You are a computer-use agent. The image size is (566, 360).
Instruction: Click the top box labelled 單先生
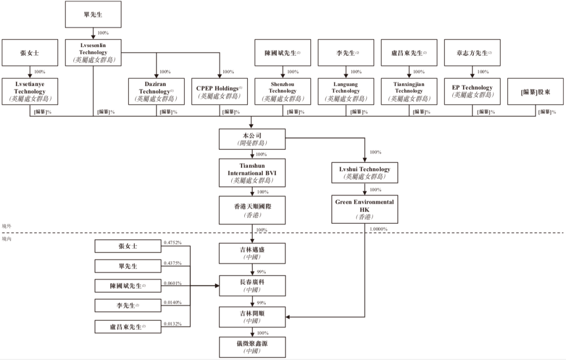(x=93, y=15)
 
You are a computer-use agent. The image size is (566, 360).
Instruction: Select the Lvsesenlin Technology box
(x=93, y=53)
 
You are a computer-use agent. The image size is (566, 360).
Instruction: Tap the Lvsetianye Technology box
(x=30, y=91)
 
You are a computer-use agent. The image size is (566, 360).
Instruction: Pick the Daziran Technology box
(x=157, y=91)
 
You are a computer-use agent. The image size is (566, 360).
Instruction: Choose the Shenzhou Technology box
(x=283, y=91)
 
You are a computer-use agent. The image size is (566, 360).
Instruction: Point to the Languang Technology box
(x=346, y=91)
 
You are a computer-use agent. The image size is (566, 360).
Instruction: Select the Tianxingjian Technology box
(x=409, y=91)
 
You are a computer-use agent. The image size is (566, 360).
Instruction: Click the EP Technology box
(x=472, y=91)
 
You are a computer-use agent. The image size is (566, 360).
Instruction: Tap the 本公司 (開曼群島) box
(x=252, y=139)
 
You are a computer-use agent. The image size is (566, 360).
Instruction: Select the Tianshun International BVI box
(x=252, y=173)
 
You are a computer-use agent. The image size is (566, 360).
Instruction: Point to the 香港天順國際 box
(x=252, y=210)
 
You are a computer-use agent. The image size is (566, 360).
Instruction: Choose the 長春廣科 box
(x=252, y=286)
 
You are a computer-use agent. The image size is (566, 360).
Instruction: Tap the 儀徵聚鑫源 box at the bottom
(x=252, y=347)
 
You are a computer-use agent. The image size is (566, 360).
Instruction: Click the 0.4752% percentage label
(x=172, y=243)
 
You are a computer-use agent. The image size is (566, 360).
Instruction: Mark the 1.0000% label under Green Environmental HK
(x=379, y=229)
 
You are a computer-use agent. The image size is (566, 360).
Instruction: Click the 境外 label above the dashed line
(x=6, y=226)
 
